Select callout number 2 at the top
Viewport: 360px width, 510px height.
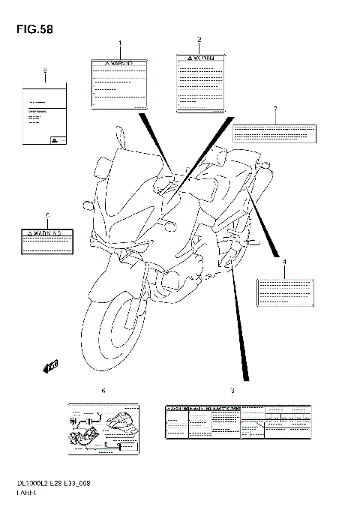[199, 39]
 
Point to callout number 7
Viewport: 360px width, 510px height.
[275, 109]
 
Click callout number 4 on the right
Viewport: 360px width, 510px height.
[284, 261]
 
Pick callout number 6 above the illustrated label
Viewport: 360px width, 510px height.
[103, 391]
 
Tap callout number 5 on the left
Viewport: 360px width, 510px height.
[46, 215]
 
